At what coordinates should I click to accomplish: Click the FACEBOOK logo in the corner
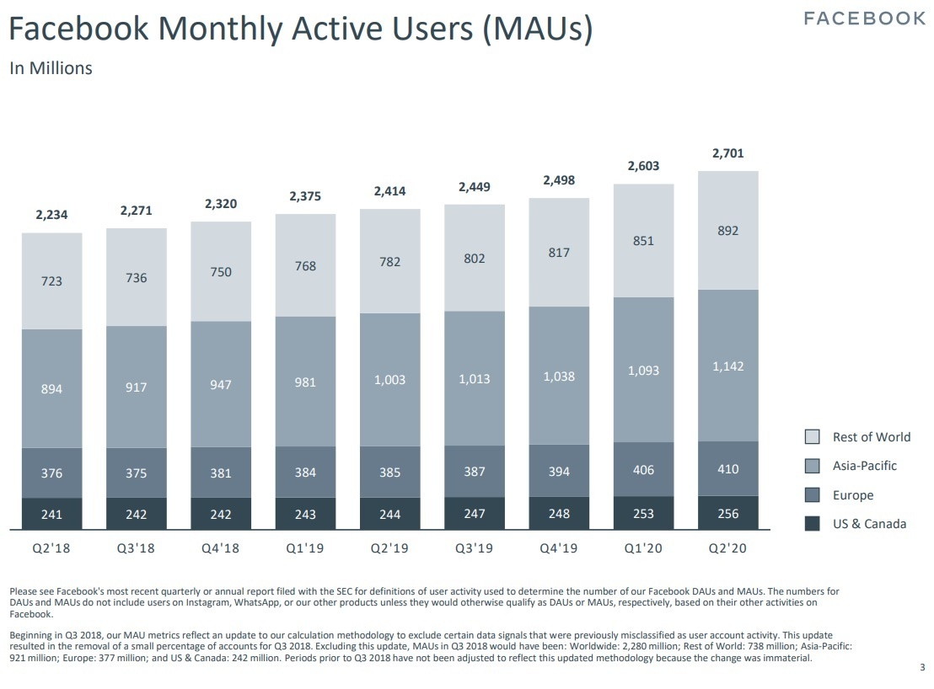(x=864, y=19)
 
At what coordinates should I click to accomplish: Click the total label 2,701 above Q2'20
(x=727, y=153)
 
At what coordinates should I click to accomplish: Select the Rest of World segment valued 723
(x=52, y=280)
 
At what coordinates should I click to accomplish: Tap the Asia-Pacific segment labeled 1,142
(x=727, y=366)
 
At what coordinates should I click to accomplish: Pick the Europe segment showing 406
(x=643, y=470)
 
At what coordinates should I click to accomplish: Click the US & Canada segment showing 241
(x=52, y=514)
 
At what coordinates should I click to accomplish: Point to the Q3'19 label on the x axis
(x=475, y=548)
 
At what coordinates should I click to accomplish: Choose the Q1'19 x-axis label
(x=305, y=548)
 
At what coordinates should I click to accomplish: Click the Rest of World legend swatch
(x=813, y=436)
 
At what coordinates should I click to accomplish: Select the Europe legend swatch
(x=813, y=495)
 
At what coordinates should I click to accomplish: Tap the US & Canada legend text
(x=869, y=524)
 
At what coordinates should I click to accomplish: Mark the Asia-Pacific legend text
(x=865, y=466)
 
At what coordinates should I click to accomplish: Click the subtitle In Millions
(x=51, y=68)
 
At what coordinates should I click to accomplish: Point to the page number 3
(x=921, y=668)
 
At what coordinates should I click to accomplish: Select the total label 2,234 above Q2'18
(x=52, y=216)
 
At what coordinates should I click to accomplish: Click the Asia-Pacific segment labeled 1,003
(x=389, y=380)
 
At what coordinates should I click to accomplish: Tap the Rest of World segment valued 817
(x=559, y=253)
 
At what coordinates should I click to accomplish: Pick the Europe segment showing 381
(x=221, y=473)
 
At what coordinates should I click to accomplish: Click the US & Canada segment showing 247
(x=475, y=513)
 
